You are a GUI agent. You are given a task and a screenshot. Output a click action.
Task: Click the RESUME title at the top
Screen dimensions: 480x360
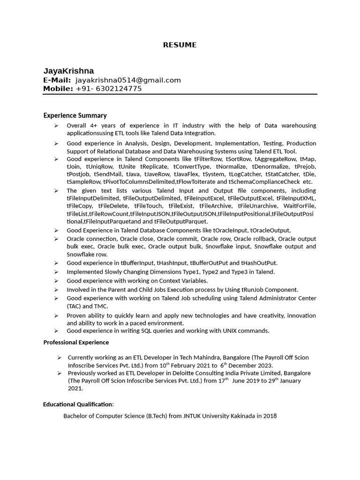(x=180, y=45)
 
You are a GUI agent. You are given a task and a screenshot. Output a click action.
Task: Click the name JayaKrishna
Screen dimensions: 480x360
(x=68, y=71)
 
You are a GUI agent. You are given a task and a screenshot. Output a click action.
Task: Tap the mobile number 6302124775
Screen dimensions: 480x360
(x=118, y=89)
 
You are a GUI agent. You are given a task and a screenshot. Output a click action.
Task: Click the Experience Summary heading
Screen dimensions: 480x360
(x=75, y=115)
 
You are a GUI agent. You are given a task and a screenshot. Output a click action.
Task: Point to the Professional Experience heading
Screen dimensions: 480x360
(x=76, y=342)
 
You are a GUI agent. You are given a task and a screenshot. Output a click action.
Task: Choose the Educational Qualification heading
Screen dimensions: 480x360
(x=78, y=404)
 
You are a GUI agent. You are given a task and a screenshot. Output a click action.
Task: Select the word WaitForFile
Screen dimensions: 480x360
(x=300, y=206)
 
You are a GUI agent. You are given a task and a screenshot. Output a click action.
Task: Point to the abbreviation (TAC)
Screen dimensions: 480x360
(x=75, y=306)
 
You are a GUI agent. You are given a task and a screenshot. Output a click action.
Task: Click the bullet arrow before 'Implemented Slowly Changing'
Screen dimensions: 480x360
(x=56, y=272)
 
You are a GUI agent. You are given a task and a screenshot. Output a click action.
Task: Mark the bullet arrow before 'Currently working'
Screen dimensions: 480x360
(x=60, y=357)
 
